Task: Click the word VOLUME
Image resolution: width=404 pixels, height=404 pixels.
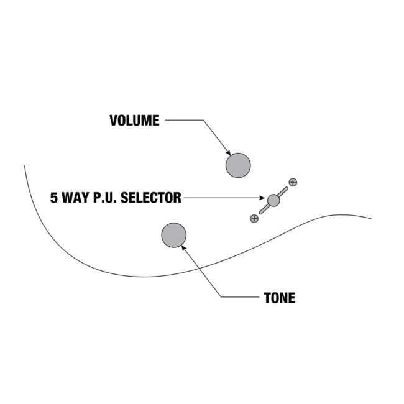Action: point(134,121)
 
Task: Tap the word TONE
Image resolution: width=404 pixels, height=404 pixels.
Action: point(280,298)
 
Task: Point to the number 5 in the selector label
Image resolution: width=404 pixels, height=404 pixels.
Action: point(54,198)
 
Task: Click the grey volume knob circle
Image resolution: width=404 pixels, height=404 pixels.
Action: point(238,165)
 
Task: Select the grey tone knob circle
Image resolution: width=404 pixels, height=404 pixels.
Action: point(174,235)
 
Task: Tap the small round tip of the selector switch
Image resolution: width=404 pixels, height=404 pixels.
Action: point(273,200)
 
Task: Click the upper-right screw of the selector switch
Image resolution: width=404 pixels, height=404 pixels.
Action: point(293,182)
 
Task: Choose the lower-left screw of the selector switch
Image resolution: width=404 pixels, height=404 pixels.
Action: point(254,218)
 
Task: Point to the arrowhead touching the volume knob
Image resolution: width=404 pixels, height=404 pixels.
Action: point(228,152)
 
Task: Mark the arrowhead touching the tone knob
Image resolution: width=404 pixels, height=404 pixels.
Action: point(183,247)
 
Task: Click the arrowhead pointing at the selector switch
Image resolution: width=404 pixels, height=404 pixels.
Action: point(265,198)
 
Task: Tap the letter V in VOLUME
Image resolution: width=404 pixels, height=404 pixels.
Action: point(114,121)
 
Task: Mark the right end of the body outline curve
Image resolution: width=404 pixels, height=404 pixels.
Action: point(371,219)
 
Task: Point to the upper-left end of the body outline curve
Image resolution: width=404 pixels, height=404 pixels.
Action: point(25,166)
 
